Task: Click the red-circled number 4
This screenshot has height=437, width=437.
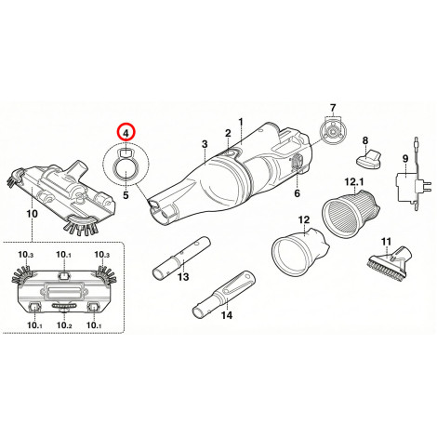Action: pyautogui.click(x=126, y=133)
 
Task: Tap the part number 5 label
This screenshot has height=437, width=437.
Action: pyautogui.click(x=126, y=195)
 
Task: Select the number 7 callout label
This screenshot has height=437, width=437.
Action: pyautogui.click(x=333, y=108)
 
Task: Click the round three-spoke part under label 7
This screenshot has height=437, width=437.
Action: pyautogui.click(x=332, y=132)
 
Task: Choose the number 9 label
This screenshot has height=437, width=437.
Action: pyautogui.click(x=405, y=159)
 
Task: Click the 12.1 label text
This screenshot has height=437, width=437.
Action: pyautogui.click(x=354, y=181)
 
